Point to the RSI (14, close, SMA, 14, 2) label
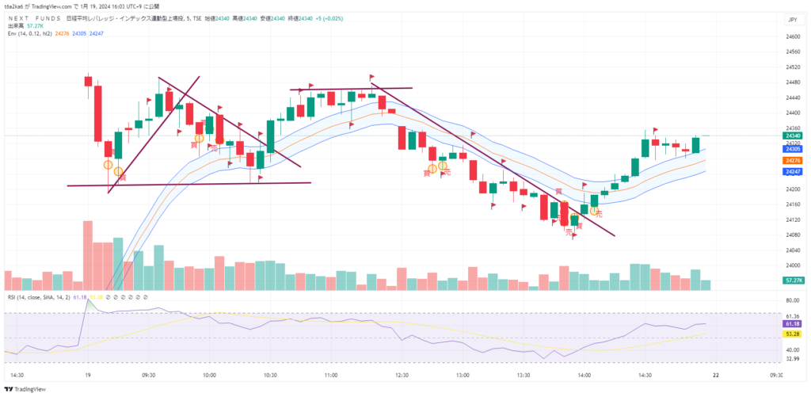(x=38, y=297)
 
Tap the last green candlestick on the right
(x=695, y=145)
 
